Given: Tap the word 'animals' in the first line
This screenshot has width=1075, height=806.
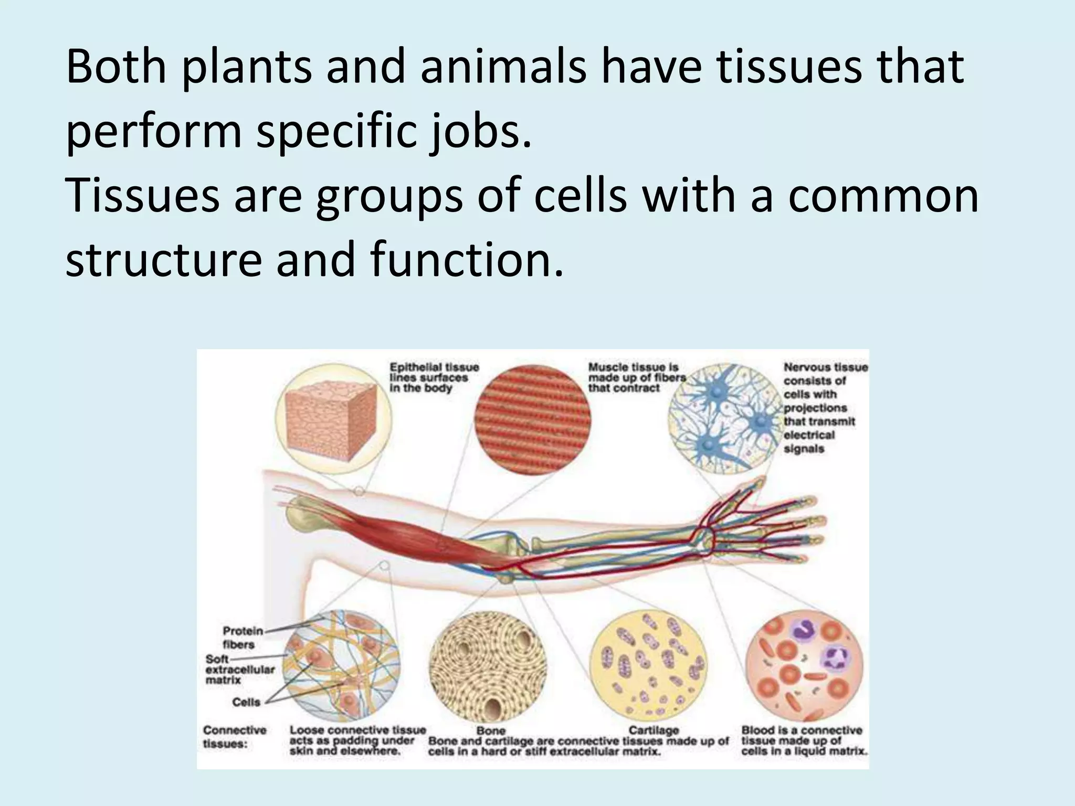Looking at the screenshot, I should click(x=503, y=68).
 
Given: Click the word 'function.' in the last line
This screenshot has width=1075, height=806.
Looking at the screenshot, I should click(x=466, y=260).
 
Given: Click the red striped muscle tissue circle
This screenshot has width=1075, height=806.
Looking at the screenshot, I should click(x=533, y=420).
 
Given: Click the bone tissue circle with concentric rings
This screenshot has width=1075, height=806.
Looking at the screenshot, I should click(x=488, y=669).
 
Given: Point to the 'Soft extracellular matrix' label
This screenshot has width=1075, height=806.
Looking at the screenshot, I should click(x=240, y=670).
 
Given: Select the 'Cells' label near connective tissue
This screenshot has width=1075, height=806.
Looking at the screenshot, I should click(x=246, y=702).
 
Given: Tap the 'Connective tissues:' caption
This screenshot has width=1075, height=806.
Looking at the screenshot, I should click(x=234, y=737).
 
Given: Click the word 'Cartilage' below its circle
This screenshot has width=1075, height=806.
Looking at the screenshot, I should click(x=654, y=730).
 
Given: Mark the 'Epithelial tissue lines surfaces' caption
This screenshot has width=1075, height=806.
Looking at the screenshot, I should click(x=433, y=378).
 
